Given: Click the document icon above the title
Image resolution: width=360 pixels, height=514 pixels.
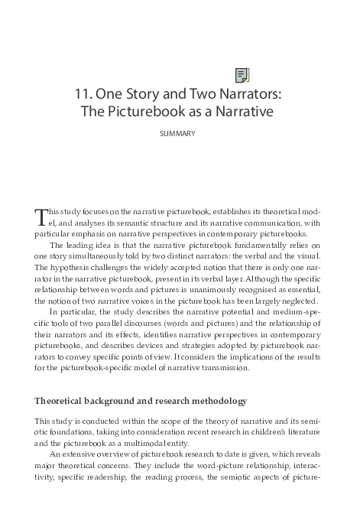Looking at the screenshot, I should point(242,75).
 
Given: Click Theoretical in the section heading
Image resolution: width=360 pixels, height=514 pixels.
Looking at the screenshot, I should point(63,402).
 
